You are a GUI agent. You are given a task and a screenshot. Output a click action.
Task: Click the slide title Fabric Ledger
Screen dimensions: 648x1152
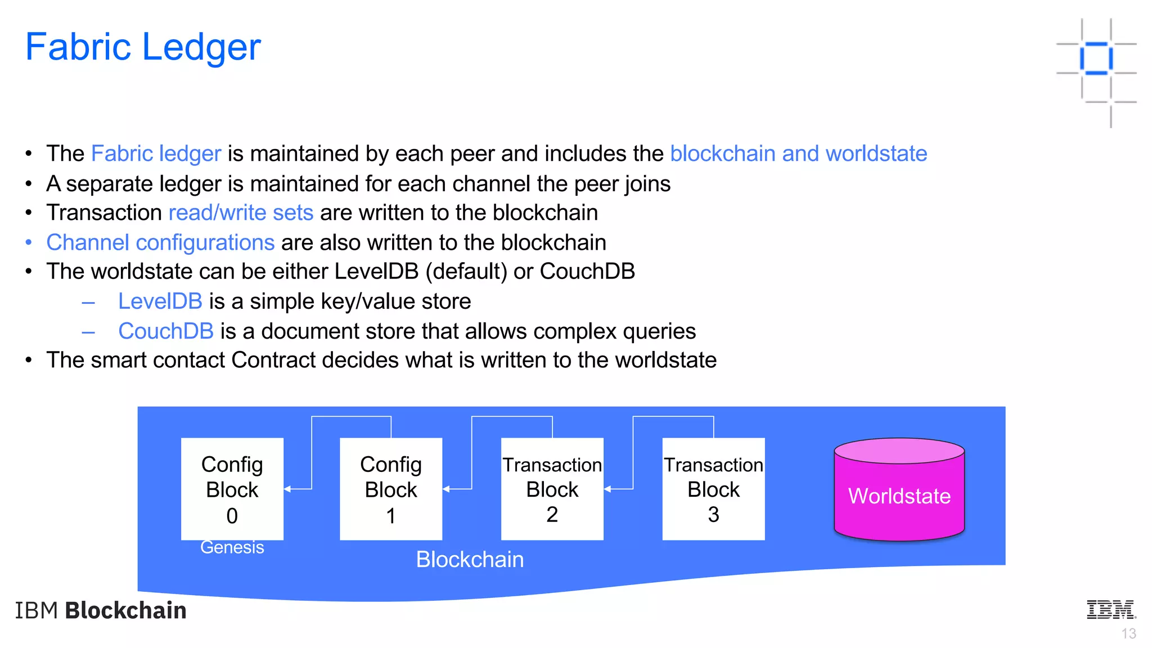click(x=143, y=47)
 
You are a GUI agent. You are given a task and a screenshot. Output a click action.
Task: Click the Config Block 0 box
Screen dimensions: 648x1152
click(x=232, y=488)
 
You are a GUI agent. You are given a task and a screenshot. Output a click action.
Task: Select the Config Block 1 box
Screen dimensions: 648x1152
click(x=390, y=488)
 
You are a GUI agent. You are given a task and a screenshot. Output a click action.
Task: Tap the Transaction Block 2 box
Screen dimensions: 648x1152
click(x=552, y=488)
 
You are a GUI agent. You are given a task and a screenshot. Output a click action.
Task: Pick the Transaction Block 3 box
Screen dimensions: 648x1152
click(x=713, y=488)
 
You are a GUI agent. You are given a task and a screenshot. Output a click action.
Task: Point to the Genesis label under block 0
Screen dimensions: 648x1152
click(x=232, y=547)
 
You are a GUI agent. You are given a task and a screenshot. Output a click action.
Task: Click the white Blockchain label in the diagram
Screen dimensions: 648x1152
click(x=470, y=560)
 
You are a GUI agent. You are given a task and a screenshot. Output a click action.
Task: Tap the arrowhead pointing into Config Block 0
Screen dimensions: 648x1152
click(x=287, y=489)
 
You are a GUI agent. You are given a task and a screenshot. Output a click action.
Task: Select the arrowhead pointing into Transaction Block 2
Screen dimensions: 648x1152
click(x=607, y=489)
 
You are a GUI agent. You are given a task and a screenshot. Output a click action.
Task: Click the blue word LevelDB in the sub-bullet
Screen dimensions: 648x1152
click(x=160, y=301)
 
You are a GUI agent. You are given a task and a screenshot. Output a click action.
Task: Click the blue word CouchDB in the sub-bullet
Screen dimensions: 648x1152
click(x=165, y=331)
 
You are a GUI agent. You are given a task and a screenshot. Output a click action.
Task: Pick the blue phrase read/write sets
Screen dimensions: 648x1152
click(x=241, y=213)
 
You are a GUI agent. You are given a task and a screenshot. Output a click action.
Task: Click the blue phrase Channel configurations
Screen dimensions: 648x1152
click(x=160, y=243)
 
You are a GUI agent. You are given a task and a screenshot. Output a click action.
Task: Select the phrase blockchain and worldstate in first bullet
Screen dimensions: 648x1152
click(x=798, y=154)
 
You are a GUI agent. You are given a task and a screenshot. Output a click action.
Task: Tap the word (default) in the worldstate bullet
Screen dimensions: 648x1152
click(x=466, y=272)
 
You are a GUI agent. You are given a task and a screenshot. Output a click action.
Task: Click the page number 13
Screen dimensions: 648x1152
click(x=1128, y=634)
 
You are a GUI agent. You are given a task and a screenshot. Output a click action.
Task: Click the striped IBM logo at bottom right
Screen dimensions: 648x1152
click(x=1111, y=610)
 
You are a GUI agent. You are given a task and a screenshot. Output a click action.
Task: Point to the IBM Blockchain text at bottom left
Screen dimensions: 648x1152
click(x=101, y=611)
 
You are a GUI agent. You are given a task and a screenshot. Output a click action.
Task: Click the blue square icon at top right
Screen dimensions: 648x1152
click(x=1096, y=58)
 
